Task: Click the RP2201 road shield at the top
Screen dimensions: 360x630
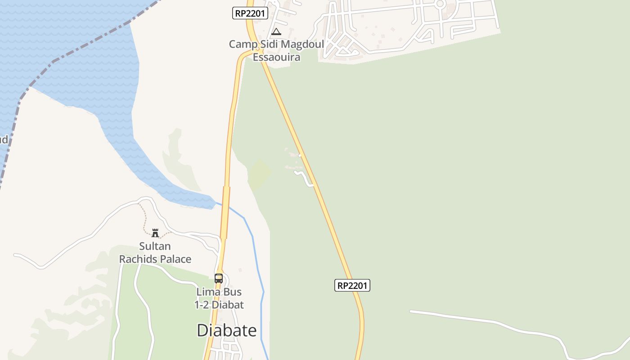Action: (250, 13)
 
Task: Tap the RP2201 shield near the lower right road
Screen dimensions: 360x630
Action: (352, 285)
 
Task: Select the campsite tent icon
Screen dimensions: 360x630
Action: (276, 31)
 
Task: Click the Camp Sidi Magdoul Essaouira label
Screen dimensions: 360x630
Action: (276, 50)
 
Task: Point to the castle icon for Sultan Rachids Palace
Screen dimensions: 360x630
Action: (155, 233)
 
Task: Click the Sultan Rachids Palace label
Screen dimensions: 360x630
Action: (155, 253)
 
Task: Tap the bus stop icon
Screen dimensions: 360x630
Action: (219, 279)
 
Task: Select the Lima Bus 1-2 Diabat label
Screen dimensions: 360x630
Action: (219, 298)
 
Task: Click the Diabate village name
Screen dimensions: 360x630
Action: (227, 330)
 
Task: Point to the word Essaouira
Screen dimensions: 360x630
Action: (276, 57)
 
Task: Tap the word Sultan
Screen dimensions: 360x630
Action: (155, 247)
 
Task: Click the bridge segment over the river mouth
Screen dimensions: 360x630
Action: (225, 211)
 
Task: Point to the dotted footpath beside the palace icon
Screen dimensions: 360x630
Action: (144, 220)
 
